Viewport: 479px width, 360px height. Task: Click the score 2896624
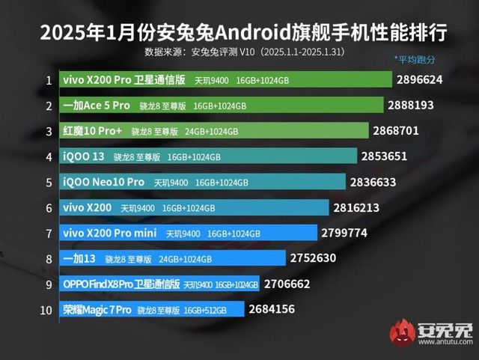pyautogui.click(x=425, y=79)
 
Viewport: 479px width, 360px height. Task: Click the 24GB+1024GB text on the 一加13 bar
pyautogui.click(x=186, y=259)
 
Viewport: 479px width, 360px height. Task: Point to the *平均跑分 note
pyautogui.click(x=414, y=59)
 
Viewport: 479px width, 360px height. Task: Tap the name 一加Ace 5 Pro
pyautogui.click(x=97, y=106)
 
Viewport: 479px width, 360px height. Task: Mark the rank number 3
pyautogui.click(x=48, y=131)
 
